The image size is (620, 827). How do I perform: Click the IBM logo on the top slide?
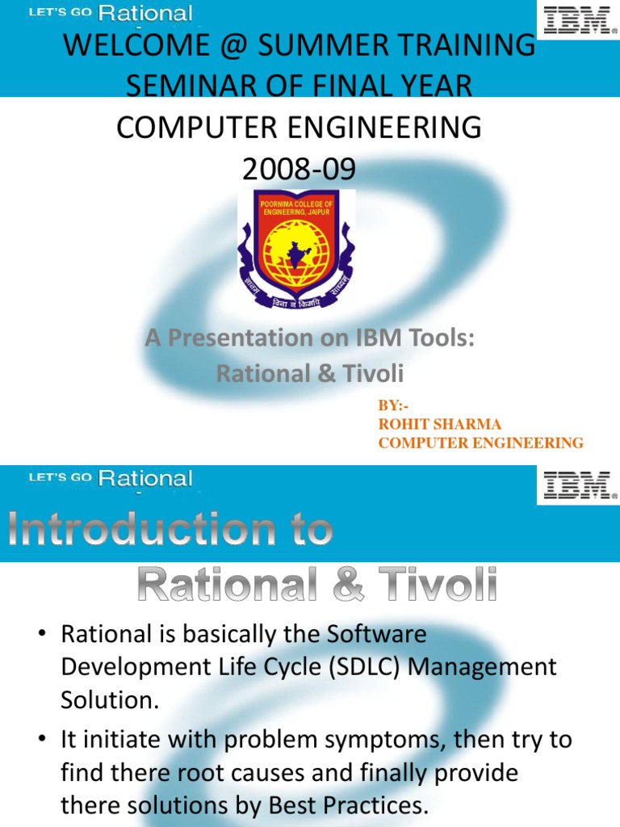click(x=577, y=19)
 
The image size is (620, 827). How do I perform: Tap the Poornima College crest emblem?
click(x=296, y=250)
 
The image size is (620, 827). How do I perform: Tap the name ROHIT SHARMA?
click(x=440, y=424)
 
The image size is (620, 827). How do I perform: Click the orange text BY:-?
click(x=394, y=406)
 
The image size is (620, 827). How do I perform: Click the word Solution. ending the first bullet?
click(x=111, y=699)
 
